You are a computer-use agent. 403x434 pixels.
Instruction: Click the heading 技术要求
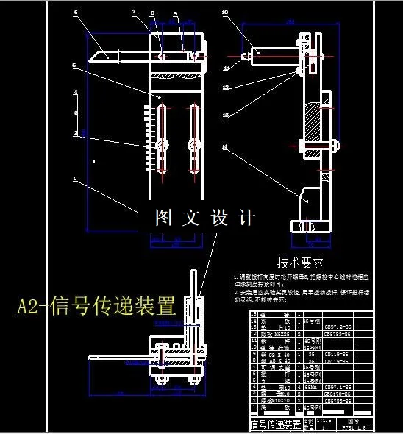(301, 262)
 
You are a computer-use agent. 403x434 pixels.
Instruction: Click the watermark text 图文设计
(204, 218)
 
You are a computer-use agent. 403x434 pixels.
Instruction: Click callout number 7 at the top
(134, 13)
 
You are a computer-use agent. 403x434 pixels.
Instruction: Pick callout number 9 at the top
(176, 13)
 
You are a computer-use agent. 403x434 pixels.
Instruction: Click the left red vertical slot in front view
(163, 139)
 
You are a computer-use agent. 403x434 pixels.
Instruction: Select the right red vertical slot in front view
(194, 139)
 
